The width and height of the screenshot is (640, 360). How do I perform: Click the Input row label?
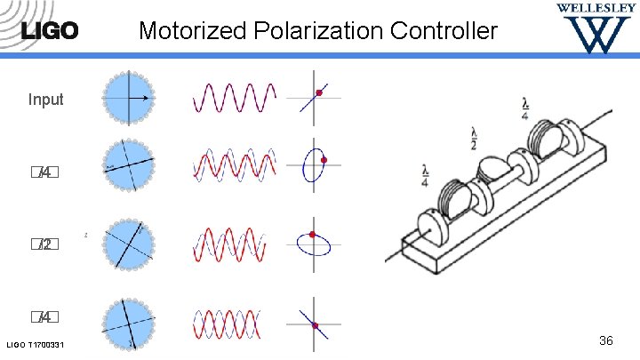tap(45, 100)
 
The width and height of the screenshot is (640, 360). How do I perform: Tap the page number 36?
tap(607, 340)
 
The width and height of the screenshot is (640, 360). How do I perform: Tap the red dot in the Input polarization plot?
tap(319, 91)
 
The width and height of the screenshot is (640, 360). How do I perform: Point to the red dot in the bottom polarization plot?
tap(316, 325)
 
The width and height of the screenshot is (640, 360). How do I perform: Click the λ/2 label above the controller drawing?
tap(474, 140)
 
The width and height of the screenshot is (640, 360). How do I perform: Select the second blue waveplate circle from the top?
tap(130, 166)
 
